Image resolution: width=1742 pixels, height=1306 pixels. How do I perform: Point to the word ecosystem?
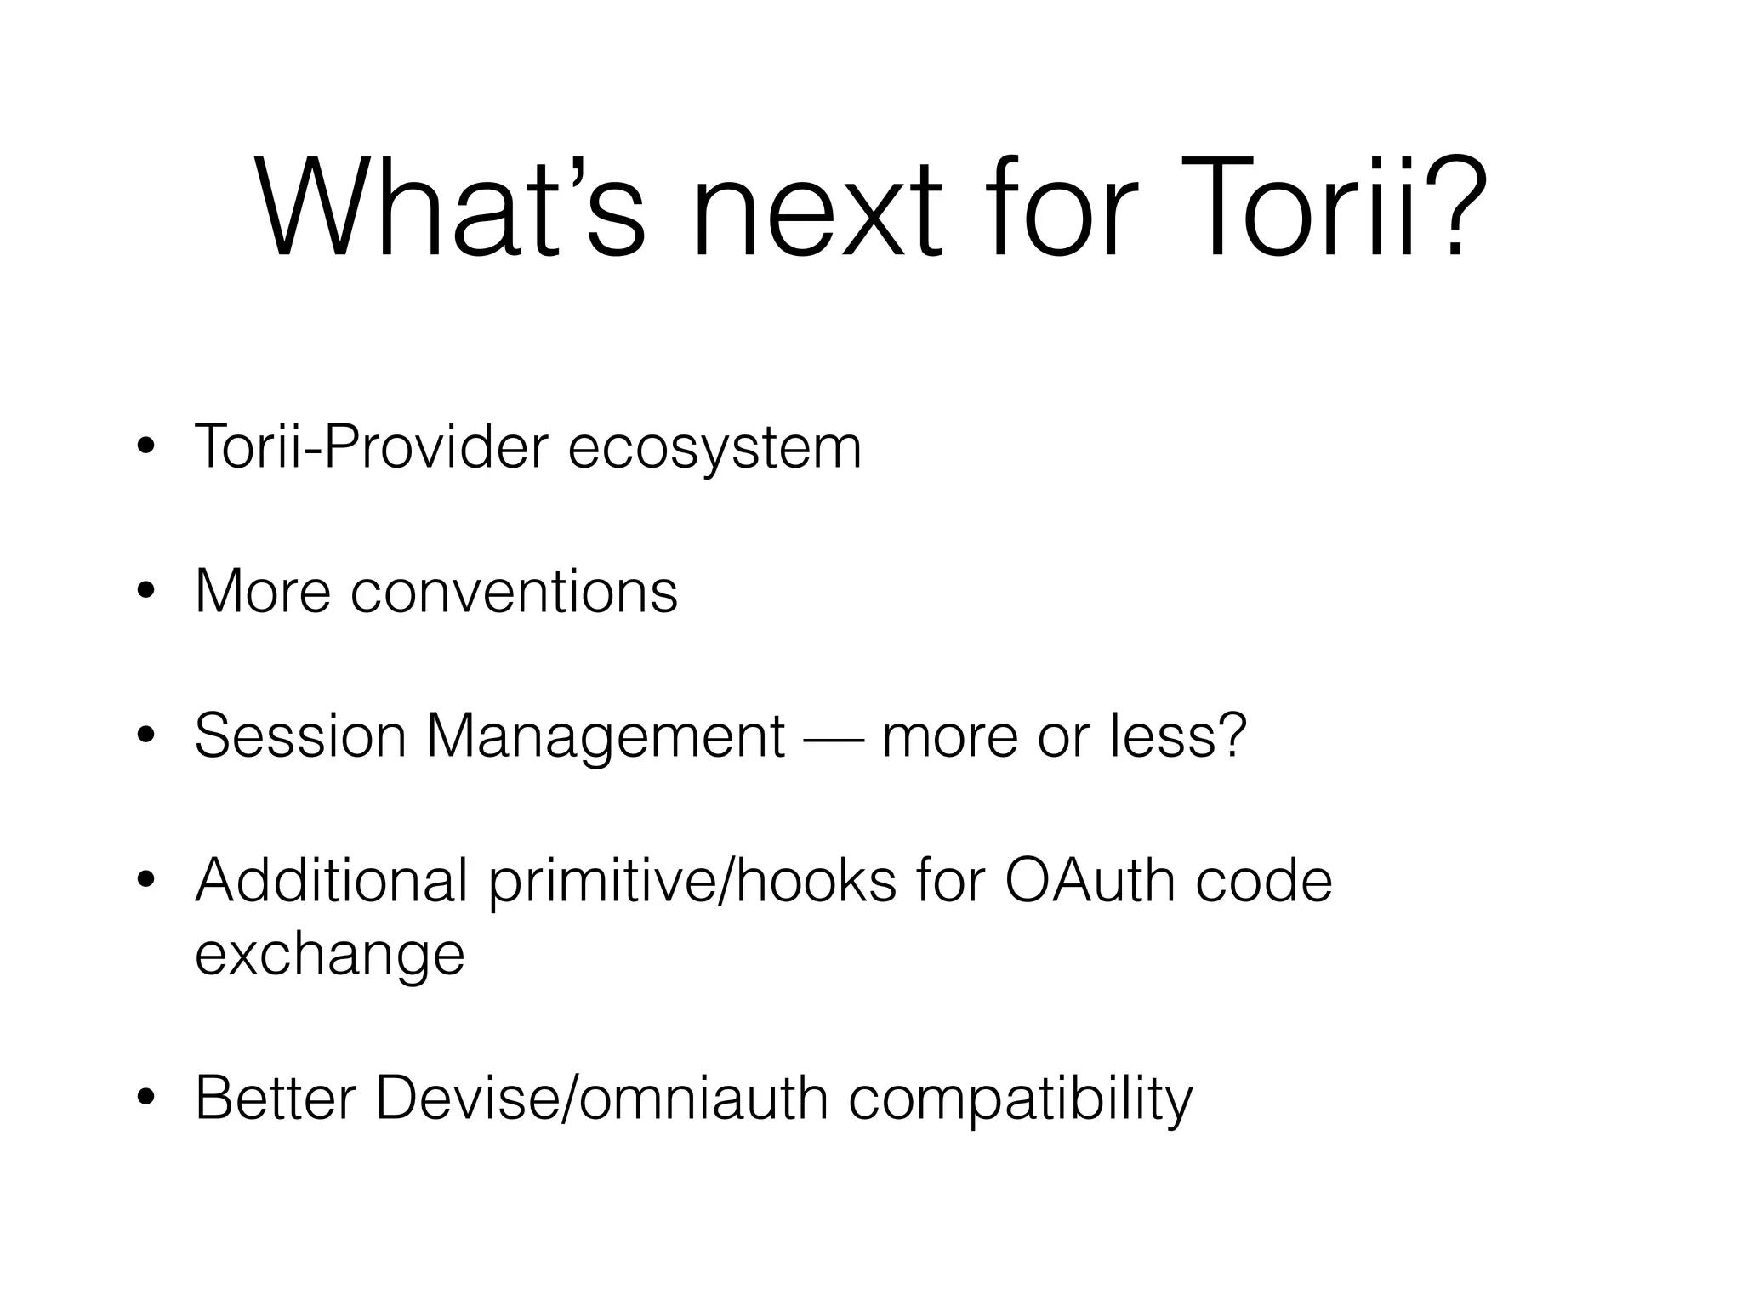click(x=714, y=448)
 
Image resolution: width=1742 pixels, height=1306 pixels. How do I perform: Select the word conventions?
click(x=514, y=591)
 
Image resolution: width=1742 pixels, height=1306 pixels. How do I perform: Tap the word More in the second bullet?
click(x=262, y=591)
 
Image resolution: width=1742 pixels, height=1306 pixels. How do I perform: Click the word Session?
click(x=300, y=735)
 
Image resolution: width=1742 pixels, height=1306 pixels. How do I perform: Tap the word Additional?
click(x=332, y=881)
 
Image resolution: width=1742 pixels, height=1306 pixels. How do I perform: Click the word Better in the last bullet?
click(x=275, y=1098)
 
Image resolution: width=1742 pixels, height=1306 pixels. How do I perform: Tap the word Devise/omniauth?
click(x=602, y=1098)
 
